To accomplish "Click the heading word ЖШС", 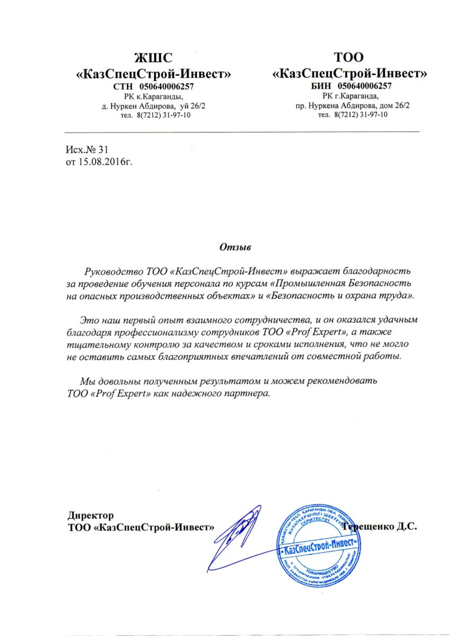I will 154,57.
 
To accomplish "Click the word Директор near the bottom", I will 91,515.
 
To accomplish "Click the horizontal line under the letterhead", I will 242,131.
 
